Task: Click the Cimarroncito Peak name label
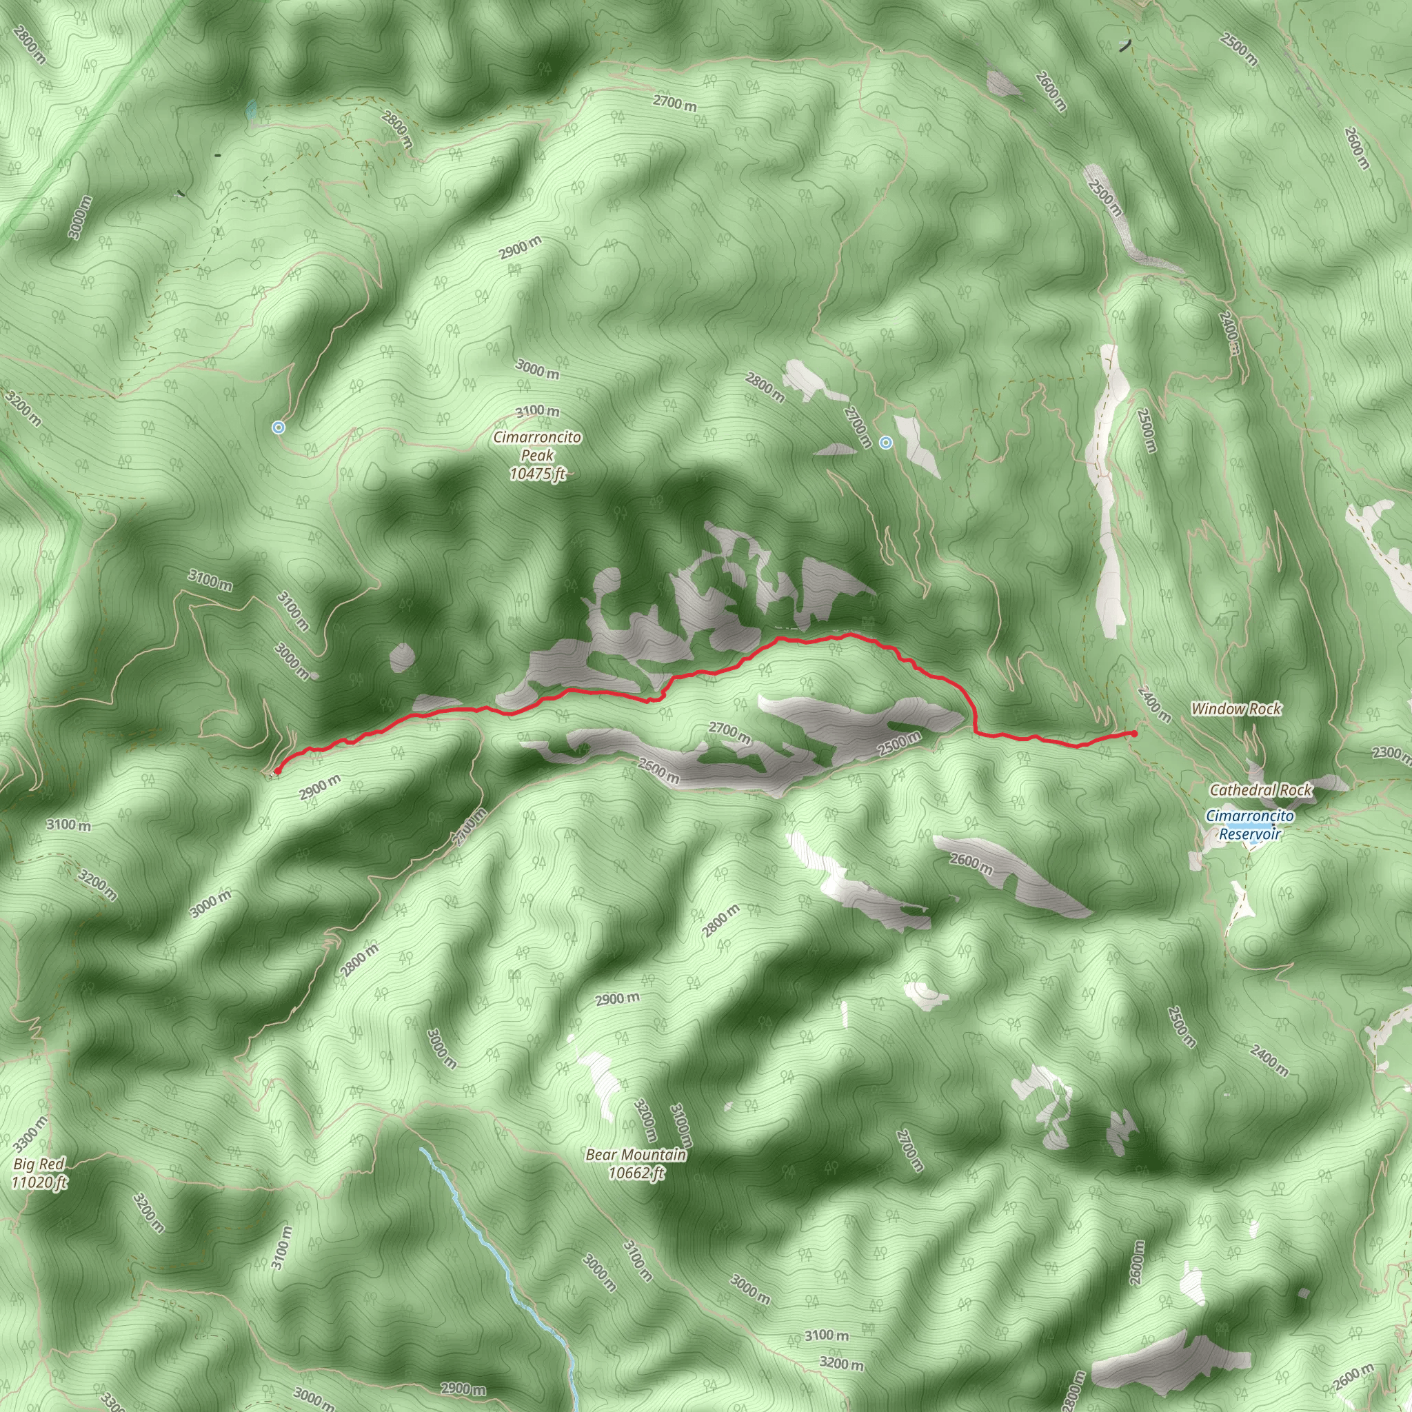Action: [537, 446]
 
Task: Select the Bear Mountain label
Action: [636, 1155]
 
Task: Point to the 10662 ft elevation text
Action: [636, 1173]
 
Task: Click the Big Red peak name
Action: [39, 1164]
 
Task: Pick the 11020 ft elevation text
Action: [39, 1182]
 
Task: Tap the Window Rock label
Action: [1236, 709]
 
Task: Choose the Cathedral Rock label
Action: [1261, 790]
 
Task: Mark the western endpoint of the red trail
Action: [277, 770]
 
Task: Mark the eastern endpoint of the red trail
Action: [1133, 733]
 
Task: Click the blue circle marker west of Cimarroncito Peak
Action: [278, 427]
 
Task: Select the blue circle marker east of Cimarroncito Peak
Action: [886, 441]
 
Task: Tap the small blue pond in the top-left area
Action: [252, 110]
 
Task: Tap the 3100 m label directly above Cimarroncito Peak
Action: [538, 412]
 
